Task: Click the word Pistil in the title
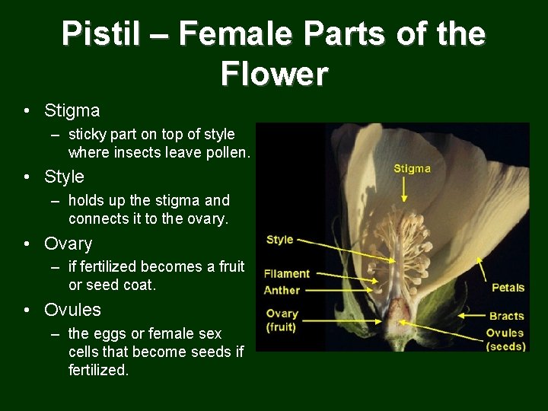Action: pos(100,35)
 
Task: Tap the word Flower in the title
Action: pos(274,74)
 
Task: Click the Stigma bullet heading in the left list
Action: pos(72,110)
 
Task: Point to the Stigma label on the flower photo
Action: pos(412,168)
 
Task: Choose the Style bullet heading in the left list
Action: pos(64,177)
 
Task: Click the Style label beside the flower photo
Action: pos(279,239)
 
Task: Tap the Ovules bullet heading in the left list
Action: pos(72,310)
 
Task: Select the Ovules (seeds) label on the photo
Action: pos(505,339)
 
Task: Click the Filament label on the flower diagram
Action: pos(287,273)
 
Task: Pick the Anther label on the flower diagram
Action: pos(282,290)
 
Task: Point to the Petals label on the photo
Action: pos(508,287)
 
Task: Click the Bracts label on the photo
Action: pos(506,315)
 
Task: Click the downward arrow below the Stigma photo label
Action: pos(404,190)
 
